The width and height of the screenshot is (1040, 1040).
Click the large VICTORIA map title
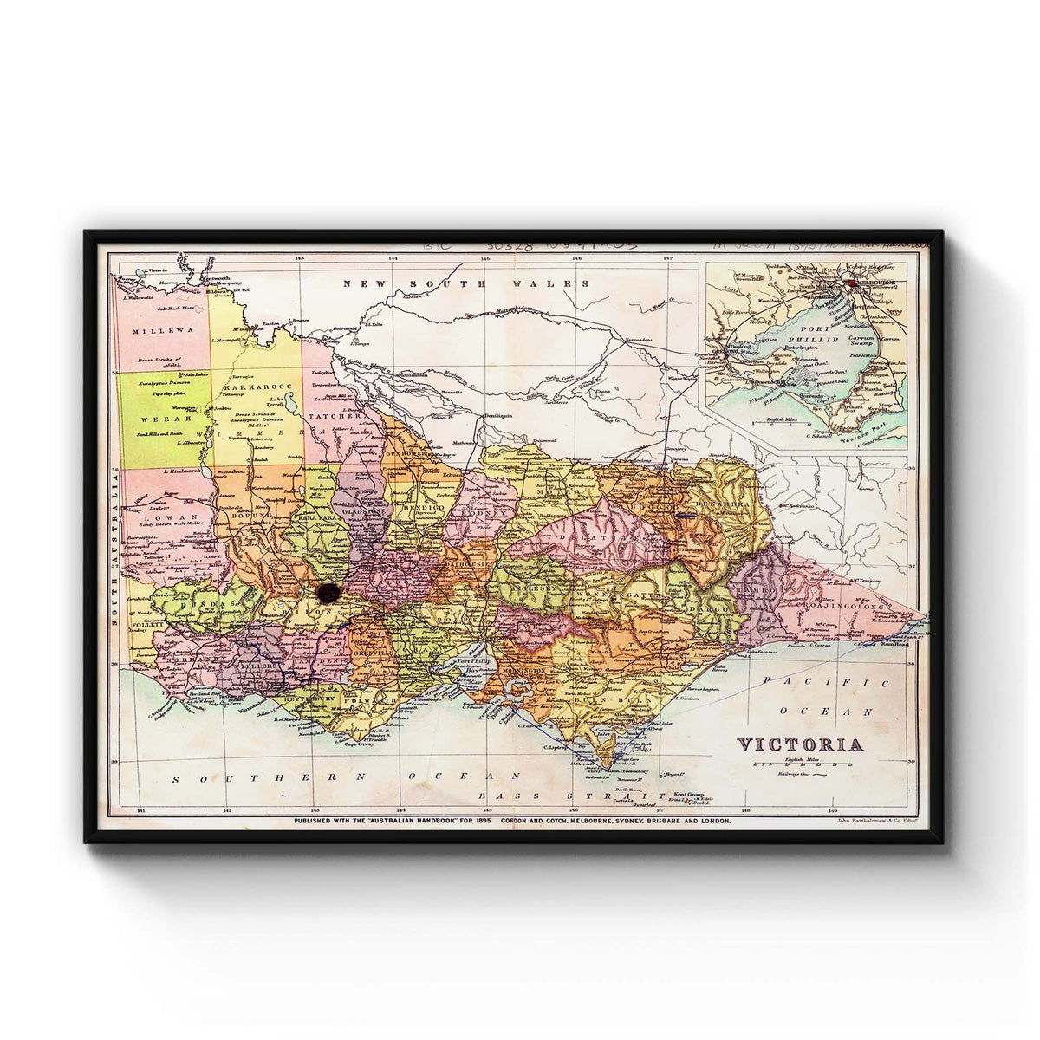[x=800, y=745]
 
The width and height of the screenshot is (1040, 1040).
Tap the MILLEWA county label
[x=154, y=330]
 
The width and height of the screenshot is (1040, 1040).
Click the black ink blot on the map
[x=328, y=592]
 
